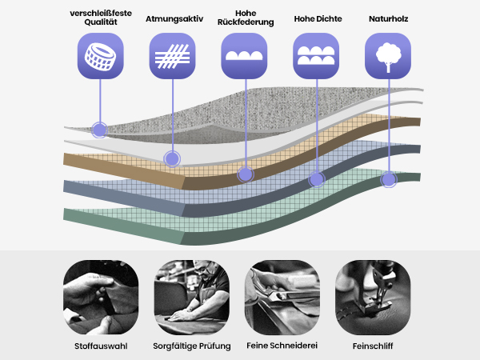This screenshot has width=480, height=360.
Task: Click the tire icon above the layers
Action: pyautogui.click(x=101, y=56)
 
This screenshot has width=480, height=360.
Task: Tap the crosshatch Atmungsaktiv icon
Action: pyautogui.click(x=172, y=56)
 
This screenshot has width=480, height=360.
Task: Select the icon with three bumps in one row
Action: pyautogui.click(x=244, y=56)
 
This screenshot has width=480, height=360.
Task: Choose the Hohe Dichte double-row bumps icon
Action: pyautogui.click(x=316, y=56)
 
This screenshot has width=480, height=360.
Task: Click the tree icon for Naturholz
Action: pyautogui.click(x=388, y=56)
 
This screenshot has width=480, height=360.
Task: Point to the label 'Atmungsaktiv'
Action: pyautogui.click(x=174, y=19)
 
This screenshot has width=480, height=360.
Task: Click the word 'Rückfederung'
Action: pyautogui.click(x=246, y=22)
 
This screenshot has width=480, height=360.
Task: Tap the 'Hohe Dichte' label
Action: pyautogui.click(x=318, y=19)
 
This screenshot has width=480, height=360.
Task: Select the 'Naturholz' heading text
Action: pyautogui.click(x=389, y=19)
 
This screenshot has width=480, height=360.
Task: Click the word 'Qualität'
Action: pyautogui.click(x=101, y=22)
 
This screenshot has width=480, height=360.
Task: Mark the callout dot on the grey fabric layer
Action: pyautogui.click(x=99, y=130)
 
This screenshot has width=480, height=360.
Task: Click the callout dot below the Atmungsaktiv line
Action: pyautogui.click(x=172, y=159)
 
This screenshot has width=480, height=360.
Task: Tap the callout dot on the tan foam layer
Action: pyautogui.click(x=246, y=174)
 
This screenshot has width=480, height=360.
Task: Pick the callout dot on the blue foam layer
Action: pyautogui.click(x=317, y=179)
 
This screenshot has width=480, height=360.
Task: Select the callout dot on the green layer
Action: pyautogui.click(x=389, y=179)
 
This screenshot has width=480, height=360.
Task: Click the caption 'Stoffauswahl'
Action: pyautogui.click(x=101, y=346)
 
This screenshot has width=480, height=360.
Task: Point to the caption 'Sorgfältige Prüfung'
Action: pyautogui.click(x=192, y=346)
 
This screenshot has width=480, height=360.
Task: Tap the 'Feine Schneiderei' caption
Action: pyautogui.click(x=282, y=346)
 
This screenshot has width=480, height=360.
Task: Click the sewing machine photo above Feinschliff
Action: pyautogui.click(x=373, y=298)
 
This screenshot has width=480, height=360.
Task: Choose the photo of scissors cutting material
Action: pyautogui.click(x=282, y=298)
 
